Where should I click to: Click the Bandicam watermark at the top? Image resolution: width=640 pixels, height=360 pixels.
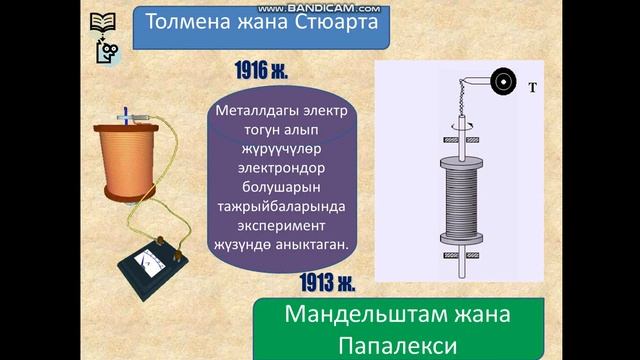(x=319, y=6)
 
